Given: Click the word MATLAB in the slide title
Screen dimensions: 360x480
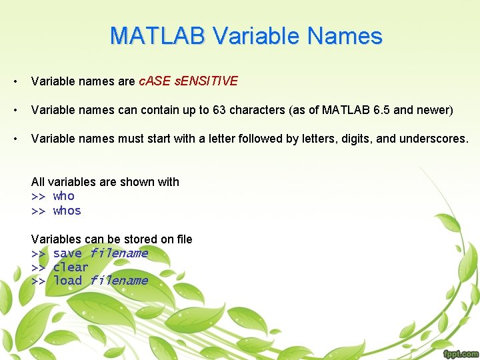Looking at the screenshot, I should pos(157,35).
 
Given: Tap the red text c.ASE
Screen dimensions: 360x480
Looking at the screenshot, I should pos(153,81).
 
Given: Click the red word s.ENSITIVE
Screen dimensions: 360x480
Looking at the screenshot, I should pos(205,81).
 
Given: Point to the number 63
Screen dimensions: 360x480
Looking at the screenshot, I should pos(219,110).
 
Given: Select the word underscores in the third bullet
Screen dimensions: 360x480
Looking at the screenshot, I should pos(436,139).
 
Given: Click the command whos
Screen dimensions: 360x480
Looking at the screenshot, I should pos(67,211).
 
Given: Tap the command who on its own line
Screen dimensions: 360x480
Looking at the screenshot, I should pos(63,196).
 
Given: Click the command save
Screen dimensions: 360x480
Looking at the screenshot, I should pos(67,253).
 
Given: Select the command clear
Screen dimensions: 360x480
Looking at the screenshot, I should pos(71,267).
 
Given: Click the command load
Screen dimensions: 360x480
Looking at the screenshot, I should pos(67,281).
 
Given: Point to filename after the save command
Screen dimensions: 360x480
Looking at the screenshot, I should pos(119,253).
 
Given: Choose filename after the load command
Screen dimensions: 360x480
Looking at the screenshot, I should pos(119,281).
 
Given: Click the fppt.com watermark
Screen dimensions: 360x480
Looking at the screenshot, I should pos(460,353).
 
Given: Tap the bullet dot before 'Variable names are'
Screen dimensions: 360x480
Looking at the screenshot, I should pos(14,82).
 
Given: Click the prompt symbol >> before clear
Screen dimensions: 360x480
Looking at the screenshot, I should pos(38,267).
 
